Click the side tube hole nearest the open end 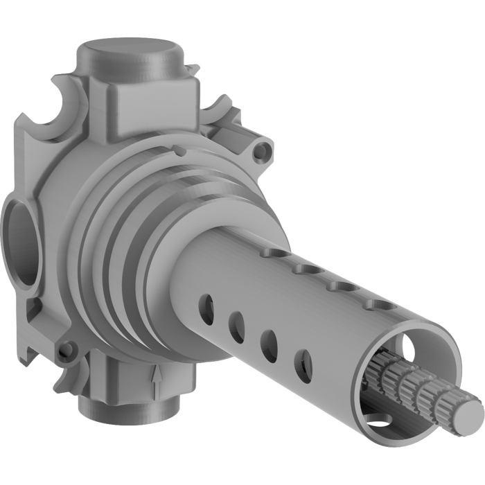click(303, 366)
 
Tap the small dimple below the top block click(179, 149)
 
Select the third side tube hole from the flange click(269, 344)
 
